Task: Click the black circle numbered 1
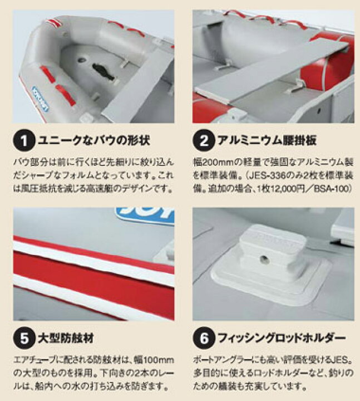pyautogui.click(x=24, y=140)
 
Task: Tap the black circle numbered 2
pyautogui.click(x=204, y=140)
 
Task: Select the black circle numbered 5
pyautogui.click(x=24, y=338)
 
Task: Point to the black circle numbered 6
pyautogui.click(x=204, y=338)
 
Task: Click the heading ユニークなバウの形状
pyautogui.click(x=94, y=140)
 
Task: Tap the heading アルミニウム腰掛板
pyautogui.click(x=267, y=140)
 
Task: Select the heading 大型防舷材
pyautogui.click(x=66, y=338)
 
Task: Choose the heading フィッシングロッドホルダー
pyautogui.click(x=282, y=338)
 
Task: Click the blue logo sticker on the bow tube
pyautogui.click(x=41, y=99)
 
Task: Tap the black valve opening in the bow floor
pyautogui.click(x=103, y=71)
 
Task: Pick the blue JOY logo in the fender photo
pyautogui.click(x=145, y=216)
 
